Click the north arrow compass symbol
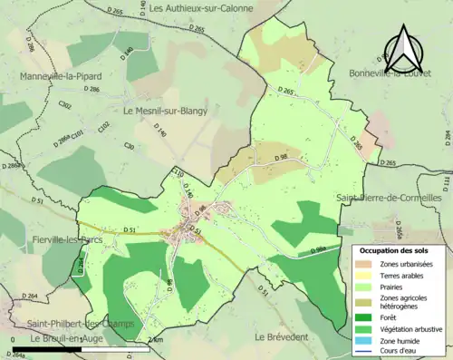(403, 45)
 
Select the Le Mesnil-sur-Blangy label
(165, 112)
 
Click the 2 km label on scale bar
(155, 339)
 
